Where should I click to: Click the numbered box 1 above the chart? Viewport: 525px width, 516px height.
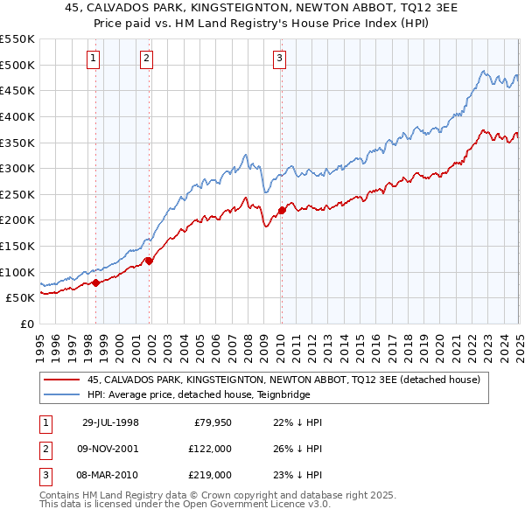[x=93, y=59]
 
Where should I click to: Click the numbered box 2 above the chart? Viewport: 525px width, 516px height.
[x=146, y=59]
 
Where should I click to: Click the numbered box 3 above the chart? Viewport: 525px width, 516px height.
[x=279, y=59]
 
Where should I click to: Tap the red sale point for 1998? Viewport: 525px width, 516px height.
[x=96, y=282]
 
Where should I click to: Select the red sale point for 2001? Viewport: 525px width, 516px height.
[x=149, y=260]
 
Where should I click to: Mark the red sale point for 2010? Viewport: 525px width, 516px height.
[x=282, y=210]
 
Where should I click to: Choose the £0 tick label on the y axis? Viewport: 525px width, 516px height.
[x=26, y=324]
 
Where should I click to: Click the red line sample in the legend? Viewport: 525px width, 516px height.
[x=61, y=380]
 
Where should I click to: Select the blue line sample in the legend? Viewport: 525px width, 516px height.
[x=61, y=395]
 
